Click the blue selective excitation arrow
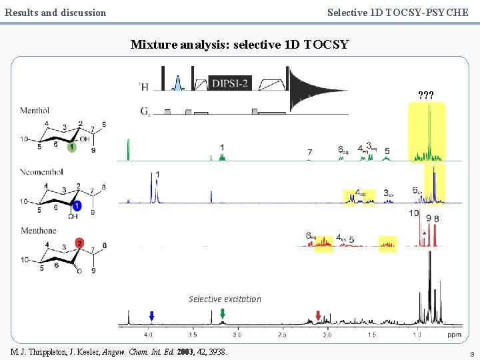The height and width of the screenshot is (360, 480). click(x=152, y=315)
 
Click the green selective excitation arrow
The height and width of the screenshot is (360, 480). click(x=223, y=315)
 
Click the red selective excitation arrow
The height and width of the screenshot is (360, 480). click(x=318, y=315)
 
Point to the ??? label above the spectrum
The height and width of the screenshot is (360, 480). click(x=426, y=95)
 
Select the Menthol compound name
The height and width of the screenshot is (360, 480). click(x=35, y=111)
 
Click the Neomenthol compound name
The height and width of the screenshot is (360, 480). click(x=41, y=172)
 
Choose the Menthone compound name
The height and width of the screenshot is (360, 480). click(x=38, y=231)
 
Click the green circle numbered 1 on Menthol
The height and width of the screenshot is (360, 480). click(x=72, y=146)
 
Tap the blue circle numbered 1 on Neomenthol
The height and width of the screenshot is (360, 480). click(x=77, y=207)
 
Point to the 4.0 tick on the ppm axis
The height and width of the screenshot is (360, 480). click(x=149, y=334)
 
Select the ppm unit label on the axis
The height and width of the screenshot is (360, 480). click(x=455, y=334)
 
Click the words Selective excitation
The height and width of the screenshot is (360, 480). click(x=225, y=299)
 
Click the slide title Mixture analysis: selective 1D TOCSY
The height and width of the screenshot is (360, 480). click(x=240, y=45)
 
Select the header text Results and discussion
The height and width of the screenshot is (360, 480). click(x=55, y=12)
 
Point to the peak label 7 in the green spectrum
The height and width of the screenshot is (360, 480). click(x=309, y=153)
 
